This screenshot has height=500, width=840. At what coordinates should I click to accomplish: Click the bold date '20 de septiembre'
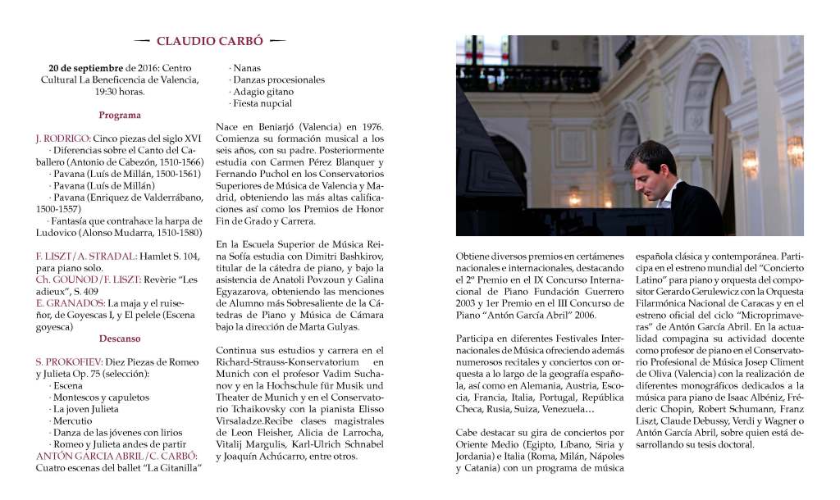(x=86, y=68)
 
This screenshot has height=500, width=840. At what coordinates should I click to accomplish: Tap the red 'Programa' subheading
(x=120, y=116)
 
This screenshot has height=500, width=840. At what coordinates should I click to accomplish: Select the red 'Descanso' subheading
(x=120, y=338)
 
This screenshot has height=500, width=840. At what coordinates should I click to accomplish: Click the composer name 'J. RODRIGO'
(x=62, y=139)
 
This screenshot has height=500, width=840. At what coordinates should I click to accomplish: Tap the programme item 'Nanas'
(x=248, y=68)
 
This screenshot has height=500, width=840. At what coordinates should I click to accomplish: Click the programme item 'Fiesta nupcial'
(x=262, y=104)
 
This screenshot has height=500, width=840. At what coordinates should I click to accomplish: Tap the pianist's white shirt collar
(x=666, y=193)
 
